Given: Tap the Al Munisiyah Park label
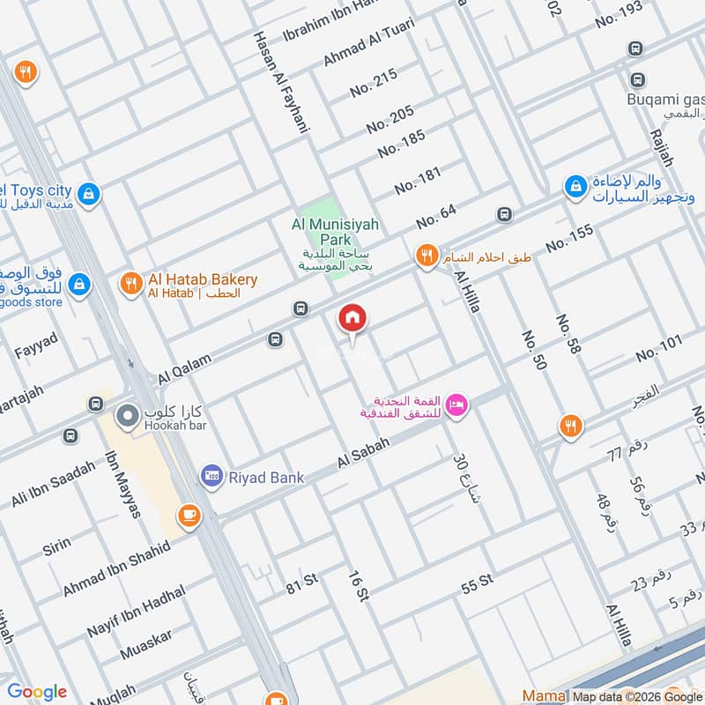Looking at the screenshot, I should pos(335,232).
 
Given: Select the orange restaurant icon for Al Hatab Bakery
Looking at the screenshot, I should pos(131,283).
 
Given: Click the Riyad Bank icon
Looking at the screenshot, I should pos(211,477).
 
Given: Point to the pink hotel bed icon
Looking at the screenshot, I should pos(456,404).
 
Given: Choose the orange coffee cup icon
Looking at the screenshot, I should pos(188,515).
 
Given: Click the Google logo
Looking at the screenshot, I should pos(37,692).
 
